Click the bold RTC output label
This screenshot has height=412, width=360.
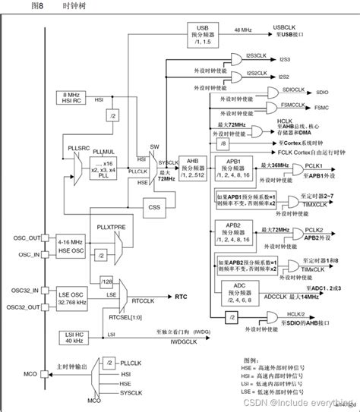182,297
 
